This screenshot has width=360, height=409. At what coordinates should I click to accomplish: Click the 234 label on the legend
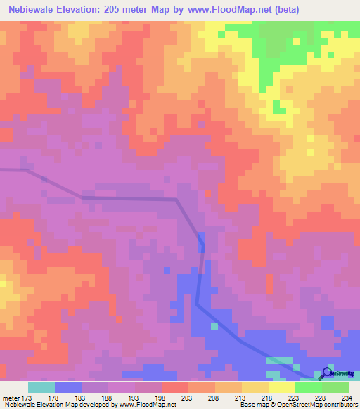tap(347, 398)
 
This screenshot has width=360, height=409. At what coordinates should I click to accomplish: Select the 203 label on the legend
tap(188, 398)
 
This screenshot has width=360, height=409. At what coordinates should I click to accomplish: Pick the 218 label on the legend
tap(268, 398)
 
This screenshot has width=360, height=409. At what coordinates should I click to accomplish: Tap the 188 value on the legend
tap(108, 398)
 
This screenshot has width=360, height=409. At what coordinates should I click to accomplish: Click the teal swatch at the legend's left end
tap(41, 387)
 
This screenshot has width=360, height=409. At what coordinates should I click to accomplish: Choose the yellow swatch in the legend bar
tap(282, 387)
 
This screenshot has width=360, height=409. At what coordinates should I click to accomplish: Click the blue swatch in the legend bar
tap(68, 387)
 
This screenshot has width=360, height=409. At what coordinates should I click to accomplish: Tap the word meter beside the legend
tap(9, 398)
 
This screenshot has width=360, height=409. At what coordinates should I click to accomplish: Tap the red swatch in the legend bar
tap(175, 387)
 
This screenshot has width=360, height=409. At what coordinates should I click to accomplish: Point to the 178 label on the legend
tap(54, 398)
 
